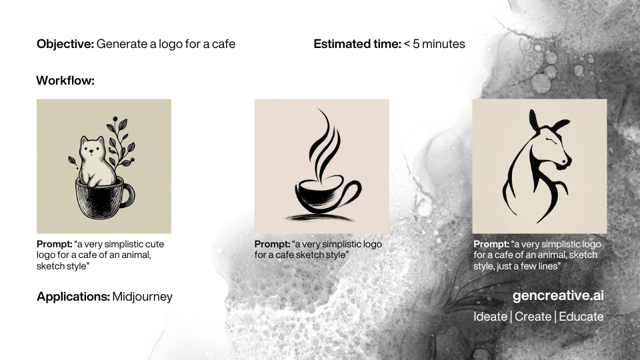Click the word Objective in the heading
click(x=65, y=44)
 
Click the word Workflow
click(x=65, y=81)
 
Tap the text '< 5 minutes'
click(x=434, y=44)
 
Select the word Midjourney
click(x=143, y=297)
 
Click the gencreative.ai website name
click(x=558, y=295)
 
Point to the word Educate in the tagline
click(x=581, y=317)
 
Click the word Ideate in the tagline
click(x=490, y=317)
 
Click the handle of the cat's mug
click(x=128, y=195)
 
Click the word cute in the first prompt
click(x=155, y=244)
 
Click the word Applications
click(x=73, y=297)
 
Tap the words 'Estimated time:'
click(x=357, y=44)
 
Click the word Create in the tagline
click(x=533, y=317)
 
